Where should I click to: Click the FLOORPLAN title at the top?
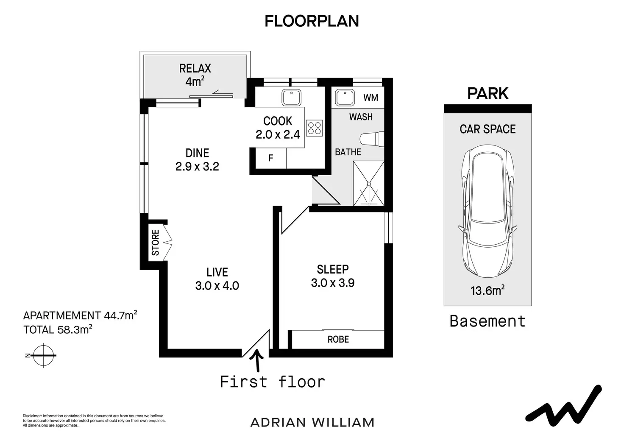click(312, 21)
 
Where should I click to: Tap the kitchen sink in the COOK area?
click(291, 97)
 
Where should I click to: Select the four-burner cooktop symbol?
click(315, 128)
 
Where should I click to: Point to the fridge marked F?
click(270, 158)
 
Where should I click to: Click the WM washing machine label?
click(371, 98)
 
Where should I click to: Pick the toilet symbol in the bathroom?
click(372, 139)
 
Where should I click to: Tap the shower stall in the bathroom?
click(368, 184)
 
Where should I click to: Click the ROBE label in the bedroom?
click(338, 339)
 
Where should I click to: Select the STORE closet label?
click(155, 243)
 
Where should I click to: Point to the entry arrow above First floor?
click(258, 361)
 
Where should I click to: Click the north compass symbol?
click(43, 355)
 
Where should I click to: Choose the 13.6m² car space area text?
click(487, 290)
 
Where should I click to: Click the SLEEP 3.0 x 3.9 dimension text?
click(333, 283)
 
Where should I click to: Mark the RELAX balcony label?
click(195, 69)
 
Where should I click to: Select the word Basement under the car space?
click(487, 321)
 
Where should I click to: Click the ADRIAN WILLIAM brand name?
click(312, 423)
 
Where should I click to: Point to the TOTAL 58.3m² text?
click(58, 329)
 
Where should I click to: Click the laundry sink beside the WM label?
click(345, 98)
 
